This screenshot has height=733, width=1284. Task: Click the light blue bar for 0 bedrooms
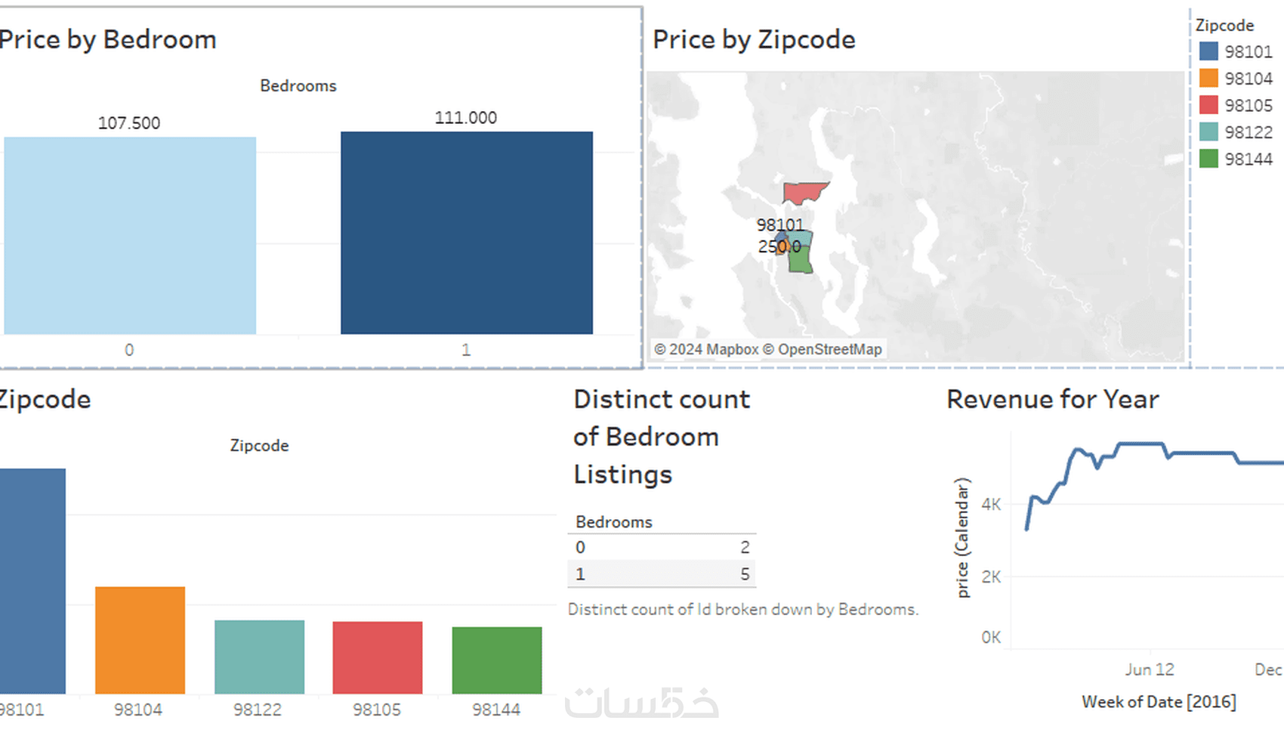pos(130,235)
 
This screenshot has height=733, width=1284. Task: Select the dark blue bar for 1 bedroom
pos(466,233)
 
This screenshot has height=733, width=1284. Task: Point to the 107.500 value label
pos(129,123)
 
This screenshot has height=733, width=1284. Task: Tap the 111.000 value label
pos(465,118)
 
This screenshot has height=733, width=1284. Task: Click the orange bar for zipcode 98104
pos(140,639)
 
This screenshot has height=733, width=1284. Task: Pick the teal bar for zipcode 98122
pos(259,656)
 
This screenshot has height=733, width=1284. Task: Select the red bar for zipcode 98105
pos(378,657)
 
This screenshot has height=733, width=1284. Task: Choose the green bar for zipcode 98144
pos(496,659)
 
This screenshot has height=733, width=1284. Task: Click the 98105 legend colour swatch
pos(1208,105)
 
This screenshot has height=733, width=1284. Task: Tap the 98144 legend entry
pos(1248,159)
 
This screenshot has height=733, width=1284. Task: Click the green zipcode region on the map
pos(800,259)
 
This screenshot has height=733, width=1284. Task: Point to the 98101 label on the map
pos(780,225)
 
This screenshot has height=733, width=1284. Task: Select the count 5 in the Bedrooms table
pos(745,574)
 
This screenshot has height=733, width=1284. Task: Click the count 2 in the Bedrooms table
pos(745,547)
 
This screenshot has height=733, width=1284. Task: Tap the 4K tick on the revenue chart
pos(991,504)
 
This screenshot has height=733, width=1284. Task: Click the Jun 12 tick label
pos(1150,670)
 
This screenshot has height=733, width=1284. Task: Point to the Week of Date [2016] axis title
pos(1159,702)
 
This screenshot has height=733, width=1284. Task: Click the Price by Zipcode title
pos(754,39)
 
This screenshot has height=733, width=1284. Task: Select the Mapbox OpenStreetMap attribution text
pos(767,349)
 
